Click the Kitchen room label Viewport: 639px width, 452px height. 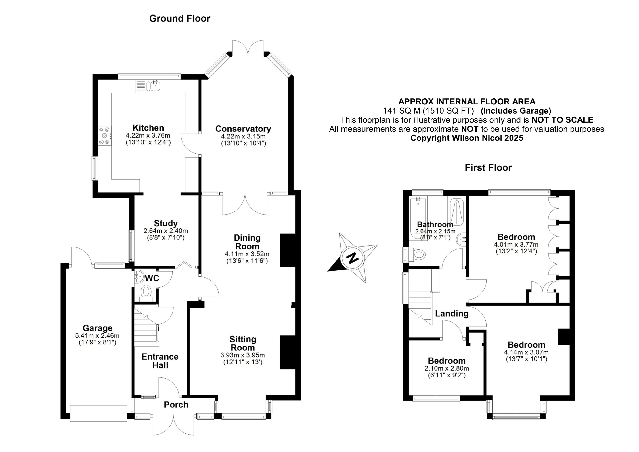tap(148, 128)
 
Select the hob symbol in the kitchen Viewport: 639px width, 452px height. tap(104, 136)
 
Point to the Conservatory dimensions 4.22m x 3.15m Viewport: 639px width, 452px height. tap(243, 137)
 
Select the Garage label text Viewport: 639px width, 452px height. tap(97, 328)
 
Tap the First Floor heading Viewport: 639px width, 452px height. tap(488, 167)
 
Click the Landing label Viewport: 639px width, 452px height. tap(452, 314)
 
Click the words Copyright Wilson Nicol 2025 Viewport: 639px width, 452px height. tap(467, 138)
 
